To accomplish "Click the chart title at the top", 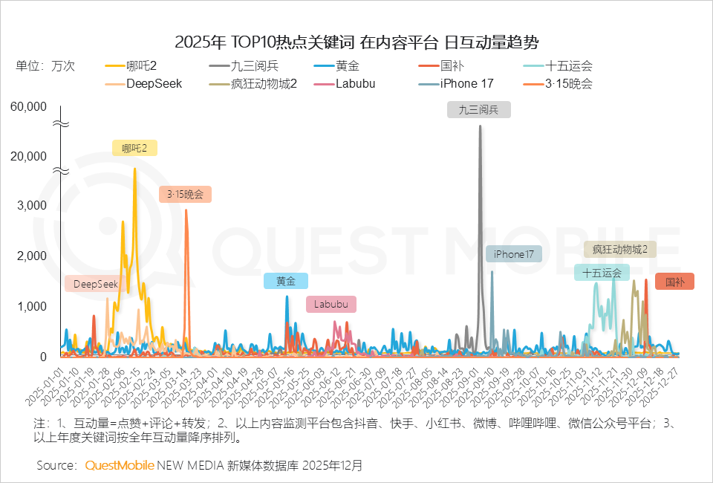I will (356, 41).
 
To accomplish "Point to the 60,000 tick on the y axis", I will (29, 106).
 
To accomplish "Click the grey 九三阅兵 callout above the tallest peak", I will (479, 110).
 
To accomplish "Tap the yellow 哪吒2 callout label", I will (134, 148).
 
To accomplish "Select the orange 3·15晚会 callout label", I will (185, 195).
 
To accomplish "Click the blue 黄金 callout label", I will (286, 282).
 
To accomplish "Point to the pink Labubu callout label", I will (331, 304).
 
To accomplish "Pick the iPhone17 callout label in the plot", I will (514, 254).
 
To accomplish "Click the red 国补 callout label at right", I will (674, 282).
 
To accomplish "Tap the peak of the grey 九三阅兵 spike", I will (480, 126).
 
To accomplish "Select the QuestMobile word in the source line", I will (120, 465).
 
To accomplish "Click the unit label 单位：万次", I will (45, 66).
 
